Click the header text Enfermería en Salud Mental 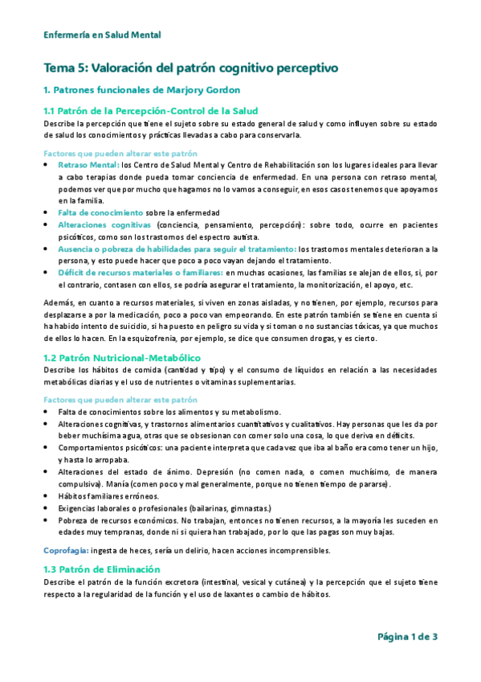pos(102,35)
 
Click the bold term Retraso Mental pos(88,164)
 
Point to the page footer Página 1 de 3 pos(407,637)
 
